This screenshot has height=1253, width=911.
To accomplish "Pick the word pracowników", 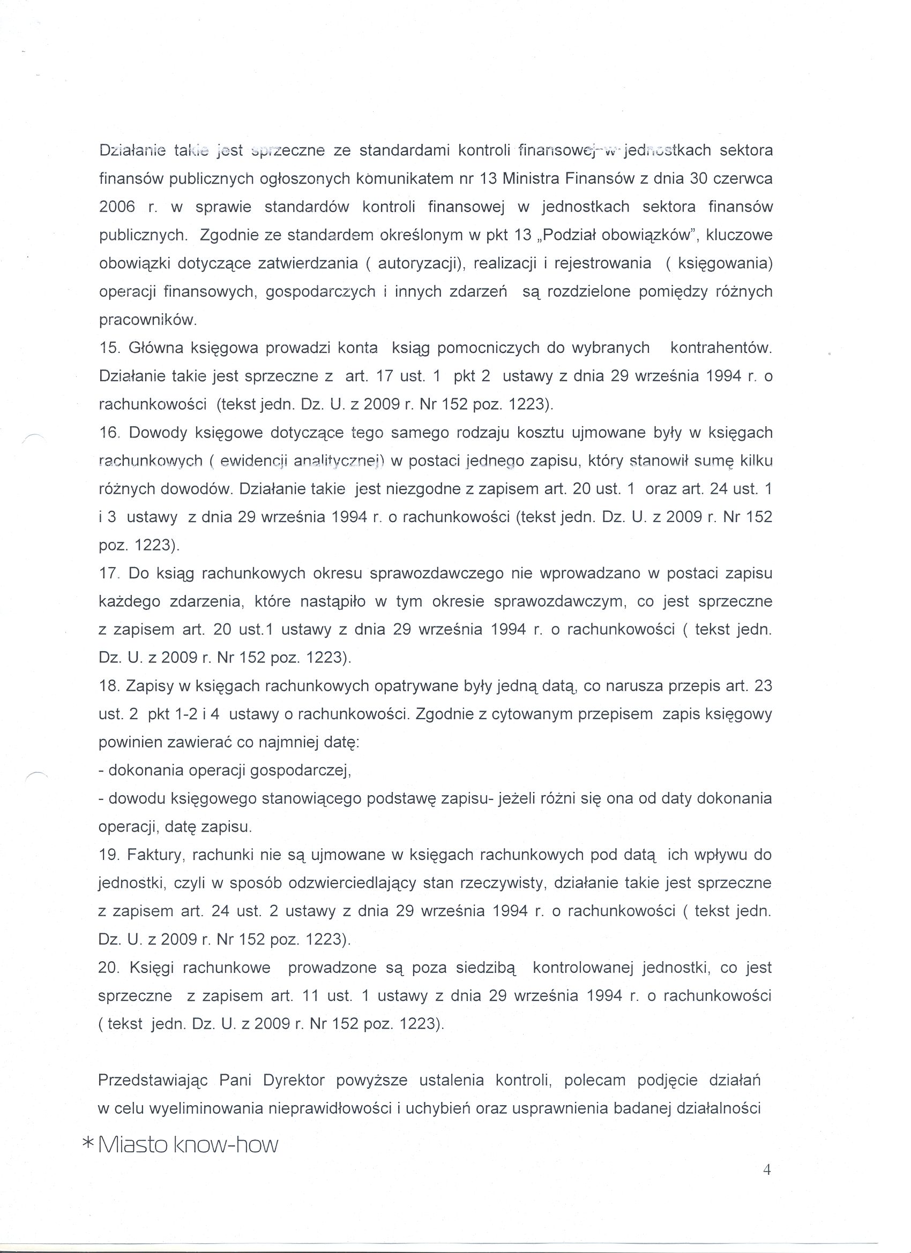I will point(146,320).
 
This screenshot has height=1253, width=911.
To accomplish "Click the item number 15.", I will point(109,348).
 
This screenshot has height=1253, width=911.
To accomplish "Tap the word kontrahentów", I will point(720,348).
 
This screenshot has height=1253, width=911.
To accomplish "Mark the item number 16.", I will point(109,433).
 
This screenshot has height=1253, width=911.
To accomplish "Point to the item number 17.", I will point(109,573).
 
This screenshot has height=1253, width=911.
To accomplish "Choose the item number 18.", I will point(109,686).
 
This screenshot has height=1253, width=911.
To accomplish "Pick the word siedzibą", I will point(486,968).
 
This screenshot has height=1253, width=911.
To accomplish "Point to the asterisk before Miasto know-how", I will point(88,1144).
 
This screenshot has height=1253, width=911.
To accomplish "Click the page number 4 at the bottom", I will point(767,1184).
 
